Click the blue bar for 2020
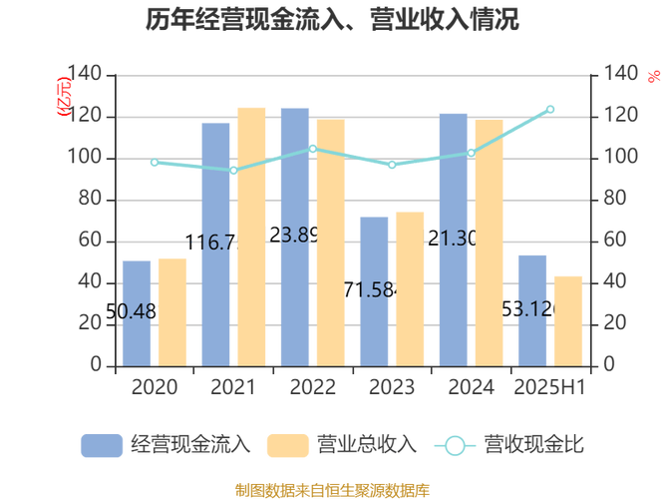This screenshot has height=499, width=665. pyautogui.click(x=136, y=311)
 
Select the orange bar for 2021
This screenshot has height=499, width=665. pyautogui.click(x=251, y=236)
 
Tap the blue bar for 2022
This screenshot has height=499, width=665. pyautogui.click(x=295, y=236)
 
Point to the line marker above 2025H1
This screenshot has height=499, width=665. pyautogui.click(x=550, y=109)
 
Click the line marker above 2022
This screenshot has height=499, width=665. pyautogui.click(x=313, y=150)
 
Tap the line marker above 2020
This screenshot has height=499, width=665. pyautogui.click(x=154, y=163)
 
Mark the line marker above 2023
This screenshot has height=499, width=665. pyautogui.click(x=392, y=166)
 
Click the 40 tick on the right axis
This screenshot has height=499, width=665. pyautogui.click(x=617, y=281)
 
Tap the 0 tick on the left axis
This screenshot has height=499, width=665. pyautogui.click(x=96, y=365)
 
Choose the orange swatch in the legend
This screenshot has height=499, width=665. pyautogui.click(x=286, y=445)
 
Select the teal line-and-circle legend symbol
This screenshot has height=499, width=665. pyautogui.click(x=454, y=445)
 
